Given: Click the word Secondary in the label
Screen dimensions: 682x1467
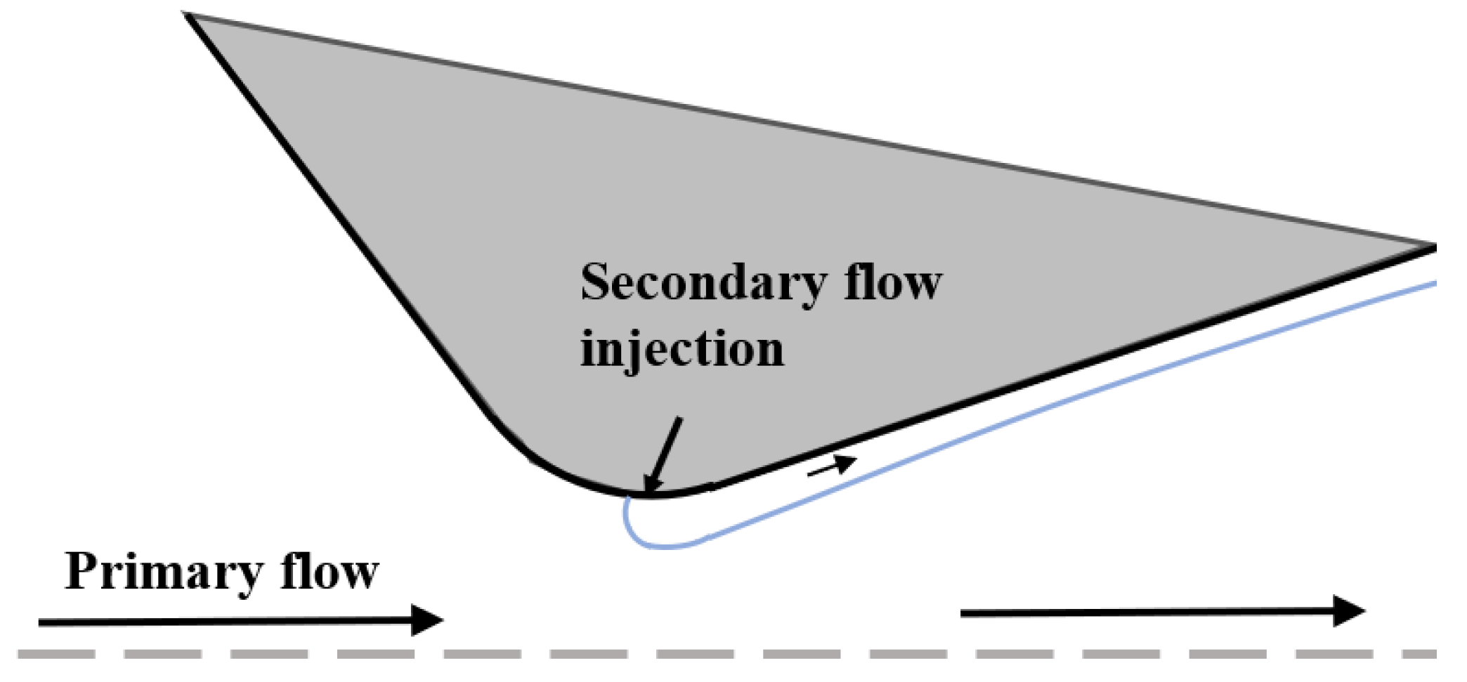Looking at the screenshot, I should click(x=703, y=284).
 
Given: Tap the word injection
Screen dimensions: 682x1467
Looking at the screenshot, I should click(x=682, y=350).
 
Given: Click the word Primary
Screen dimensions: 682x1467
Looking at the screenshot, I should click(x=163, y=573).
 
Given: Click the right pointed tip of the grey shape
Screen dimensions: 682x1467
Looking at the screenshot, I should click(x=1433, y=247).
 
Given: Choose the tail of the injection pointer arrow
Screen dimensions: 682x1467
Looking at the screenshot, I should click(x=679, y=419).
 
